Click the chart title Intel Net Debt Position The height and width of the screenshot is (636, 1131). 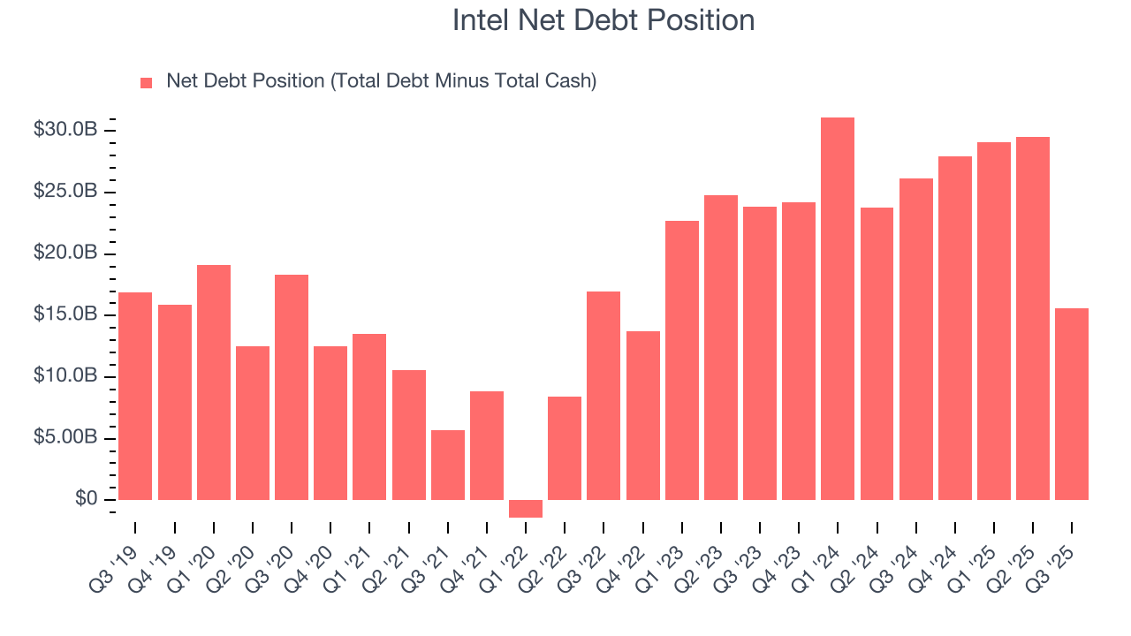click(603, 20)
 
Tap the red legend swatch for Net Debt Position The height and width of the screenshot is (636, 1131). click(147, 83)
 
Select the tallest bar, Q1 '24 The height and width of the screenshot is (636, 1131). click(838, 308)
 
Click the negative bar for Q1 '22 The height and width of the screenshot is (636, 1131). click(525, 509)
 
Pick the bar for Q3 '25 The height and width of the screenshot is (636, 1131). click(1072, 404)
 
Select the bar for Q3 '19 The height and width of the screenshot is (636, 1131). click(134, 396)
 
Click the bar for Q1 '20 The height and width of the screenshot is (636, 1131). click(213, 382)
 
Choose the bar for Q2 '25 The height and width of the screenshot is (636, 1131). click(1033, 318)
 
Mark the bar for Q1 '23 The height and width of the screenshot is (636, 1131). click(681, 360)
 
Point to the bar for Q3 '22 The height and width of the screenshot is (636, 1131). click(603, 396)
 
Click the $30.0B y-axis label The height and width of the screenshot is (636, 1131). click(65, 130)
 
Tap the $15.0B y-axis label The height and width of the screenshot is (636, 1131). click(65, 314)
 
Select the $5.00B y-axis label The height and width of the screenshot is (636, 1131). click(65, 438)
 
